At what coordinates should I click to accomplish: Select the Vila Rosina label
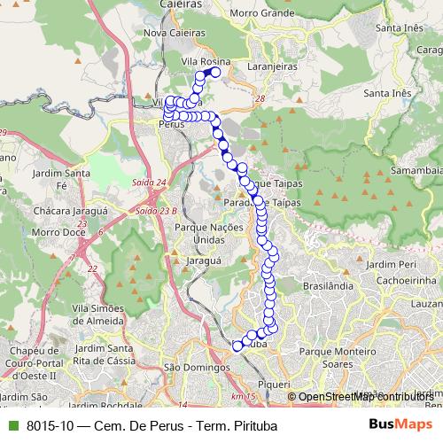[205, 60]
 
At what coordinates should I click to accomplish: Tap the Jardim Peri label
[390, 264]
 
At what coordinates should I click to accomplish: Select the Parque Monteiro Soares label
[338, 357]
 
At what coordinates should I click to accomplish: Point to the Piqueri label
[273, 384]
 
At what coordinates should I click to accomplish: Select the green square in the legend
[12, 426]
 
